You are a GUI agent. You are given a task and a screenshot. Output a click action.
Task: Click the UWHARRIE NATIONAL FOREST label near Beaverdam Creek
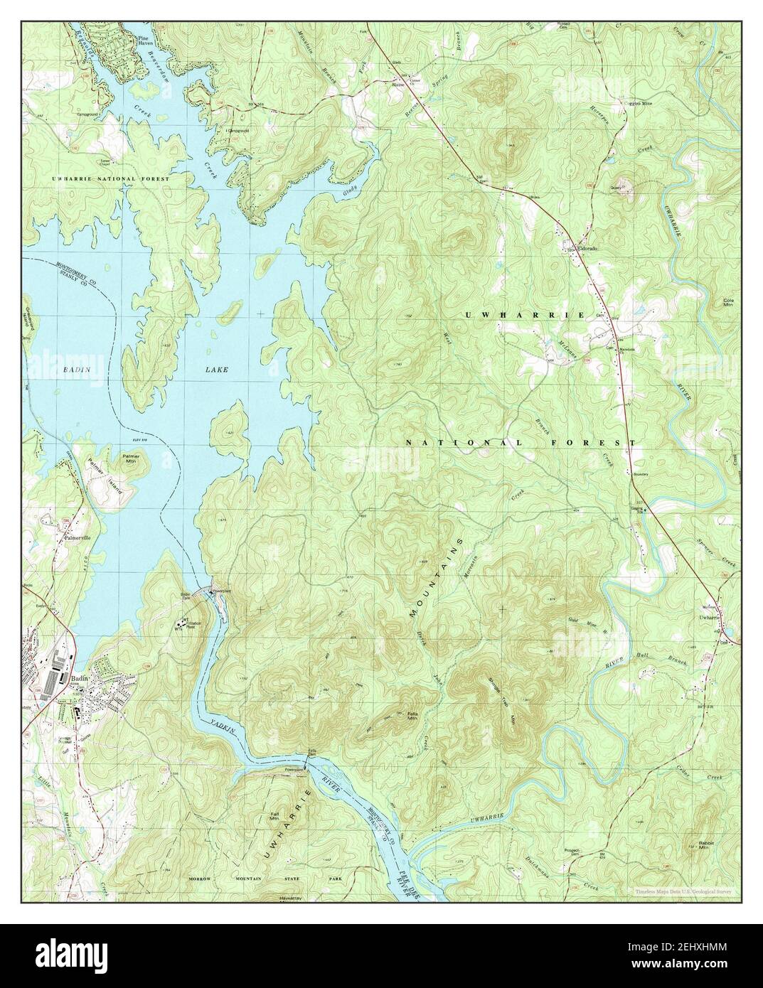point(111,179)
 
